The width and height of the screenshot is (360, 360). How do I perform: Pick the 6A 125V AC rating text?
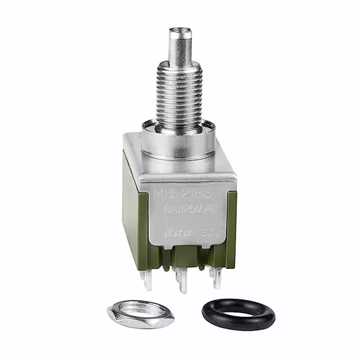pos(181,211)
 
